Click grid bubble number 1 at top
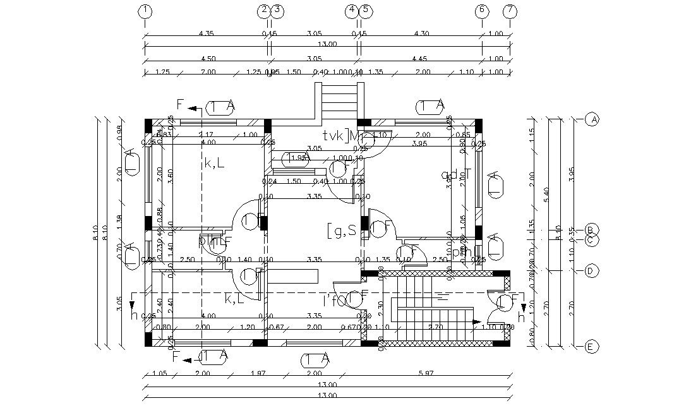146,11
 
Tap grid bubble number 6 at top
482,11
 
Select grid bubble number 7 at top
510,11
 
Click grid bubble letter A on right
592,119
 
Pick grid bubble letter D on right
592,271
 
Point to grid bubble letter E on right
592,347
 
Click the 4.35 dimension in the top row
206,33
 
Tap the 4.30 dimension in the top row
421,33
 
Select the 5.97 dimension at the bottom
437,373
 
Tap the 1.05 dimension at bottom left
160,373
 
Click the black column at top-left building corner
148,123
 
